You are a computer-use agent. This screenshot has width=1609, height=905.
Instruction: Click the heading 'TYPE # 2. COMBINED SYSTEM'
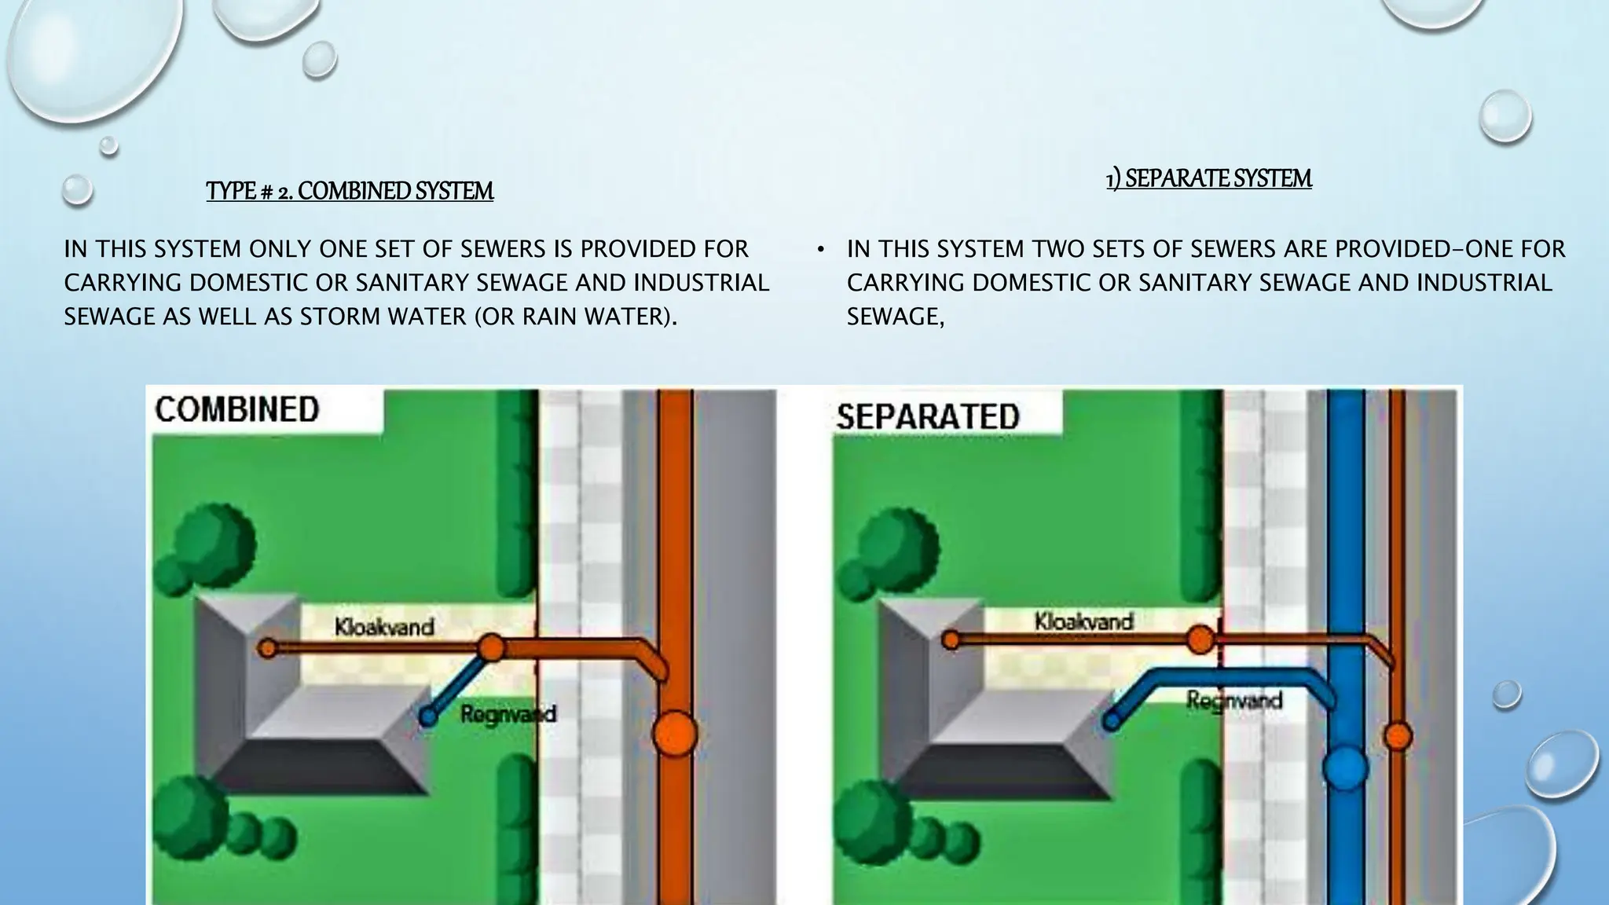tap(350, 191)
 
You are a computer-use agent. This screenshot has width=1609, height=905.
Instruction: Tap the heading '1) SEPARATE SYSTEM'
tap(1208, 178)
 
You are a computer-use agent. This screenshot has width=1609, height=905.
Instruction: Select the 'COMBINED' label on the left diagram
tap(236, 409)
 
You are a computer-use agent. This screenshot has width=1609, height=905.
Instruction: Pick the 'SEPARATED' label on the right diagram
tap(927, 416)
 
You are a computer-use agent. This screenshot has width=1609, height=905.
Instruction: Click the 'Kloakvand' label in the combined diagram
tap(384, 627)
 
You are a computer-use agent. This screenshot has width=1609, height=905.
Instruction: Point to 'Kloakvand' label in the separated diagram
tap(1083, 621)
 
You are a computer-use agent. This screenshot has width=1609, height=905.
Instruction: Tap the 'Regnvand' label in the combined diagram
tap(508, 714)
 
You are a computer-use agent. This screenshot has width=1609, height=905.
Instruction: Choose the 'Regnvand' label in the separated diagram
tap(1233, 699)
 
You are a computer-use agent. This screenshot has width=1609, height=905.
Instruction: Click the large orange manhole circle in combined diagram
tap(675, 734)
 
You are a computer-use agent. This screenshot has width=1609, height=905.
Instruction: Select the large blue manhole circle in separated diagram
tap(1345, 768)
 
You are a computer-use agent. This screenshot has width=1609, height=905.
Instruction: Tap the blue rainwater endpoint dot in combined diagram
tap(428, 716)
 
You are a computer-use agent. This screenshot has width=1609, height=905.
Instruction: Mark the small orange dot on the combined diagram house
tap(268, 649)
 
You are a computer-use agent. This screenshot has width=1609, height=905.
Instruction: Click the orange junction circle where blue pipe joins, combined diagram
tap(491, 648)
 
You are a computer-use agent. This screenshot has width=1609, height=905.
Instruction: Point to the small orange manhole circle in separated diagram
tap(1398, 736)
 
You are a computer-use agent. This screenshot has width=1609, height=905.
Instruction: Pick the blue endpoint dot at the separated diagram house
tap(1112, 720)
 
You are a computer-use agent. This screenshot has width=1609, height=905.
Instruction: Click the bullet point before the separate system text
tap(820, 250)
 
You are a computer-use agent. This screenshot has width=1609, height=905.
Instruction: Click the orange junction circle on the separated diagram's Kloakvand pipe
tap(1200, 639)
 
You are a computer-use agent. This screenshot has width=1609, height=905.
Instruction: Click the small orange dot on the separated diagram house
tap(951, 640)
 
